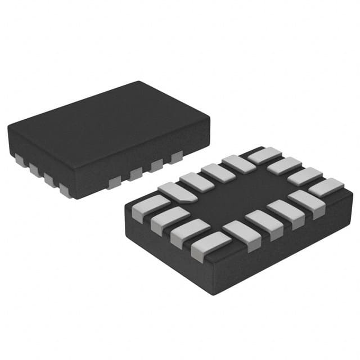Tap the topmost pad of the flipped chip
pyautogui.click(x=263, y=155)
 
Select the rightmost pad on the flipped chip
pyautogui.click(x=327, y=187)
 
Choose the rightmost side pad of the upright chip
pyautogui.click(x=177, y=157)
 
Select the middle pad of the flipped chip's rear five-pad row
pyautogui.click(x=218, y=172)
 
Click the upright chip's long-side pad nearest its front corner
pyautogui.click(x=115, y=181)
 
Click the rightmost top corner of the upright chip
pyautogui.click(x=209, y=118)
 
